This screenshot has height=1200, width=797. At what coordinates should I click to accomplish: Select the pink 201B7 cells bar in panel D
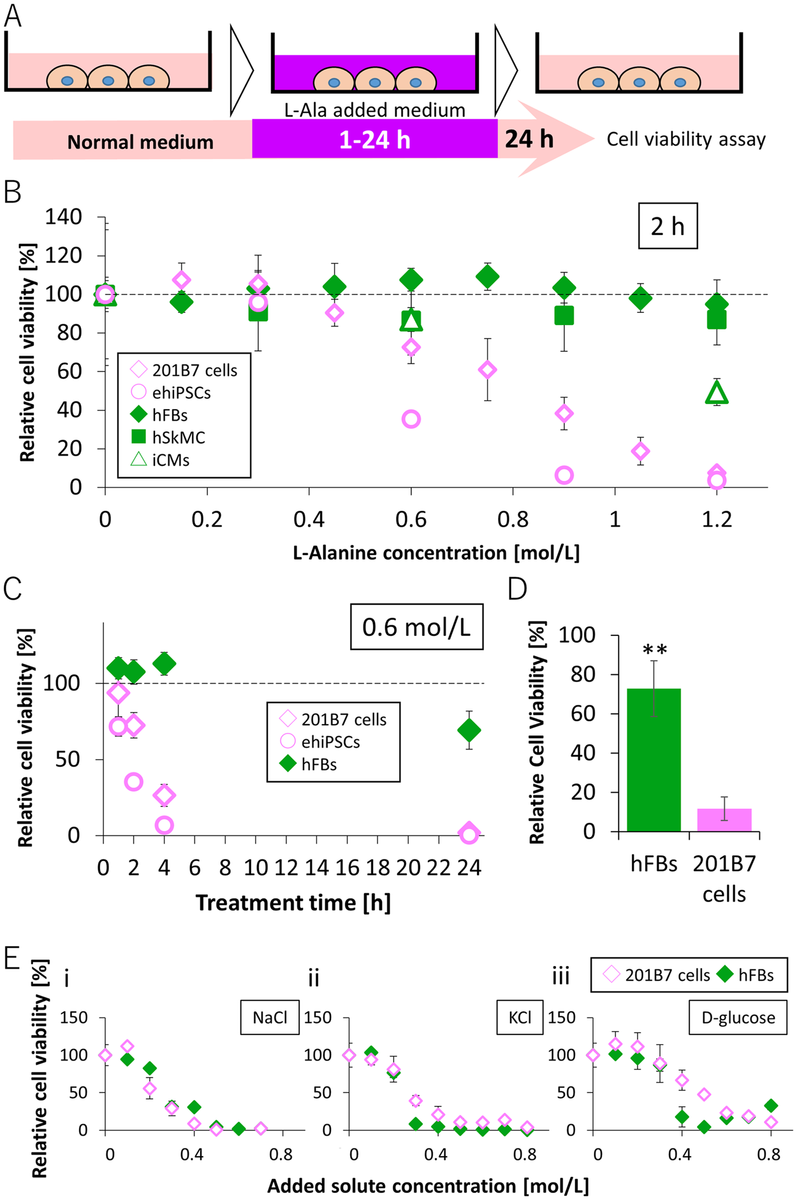click(x=724, y=820)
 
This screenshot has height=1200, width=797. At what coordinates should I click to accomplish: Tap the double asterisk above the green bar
click(x=655, y=651)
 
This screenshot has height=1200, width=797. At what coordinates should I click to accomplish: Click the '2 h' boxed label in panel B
click(x=668, y=226)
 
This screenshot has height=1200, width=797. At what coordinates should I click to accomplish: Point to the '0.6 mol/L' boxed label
click(x=416, y=627)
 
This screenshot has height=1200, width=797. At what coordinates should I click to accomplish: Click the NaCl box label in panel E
click(x=270, y=1017)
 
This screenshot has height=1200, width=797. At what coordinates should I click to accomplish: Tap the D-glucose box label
click(x=738, y=1017)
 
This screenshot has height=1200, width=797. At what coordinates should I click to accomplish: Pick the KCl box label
click(x=520, y=1017)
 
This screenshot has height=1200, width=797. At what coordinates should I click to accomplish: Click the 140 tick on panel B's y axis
click(x=64, y=217)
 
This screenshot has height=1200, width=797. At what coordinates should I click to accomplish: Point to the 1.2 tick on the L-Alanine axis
click(x=717, y=519)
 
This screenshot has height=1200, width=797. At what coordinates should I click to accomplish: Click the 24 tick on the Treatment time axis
click(x=469, y=868)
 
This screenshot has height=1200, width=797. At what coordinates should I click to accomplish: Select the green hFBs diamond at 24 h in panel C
click(x=469, y=730)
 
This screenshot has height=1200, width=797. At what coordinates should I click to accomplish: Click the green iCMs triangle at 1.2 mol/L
click(x=717, y=393)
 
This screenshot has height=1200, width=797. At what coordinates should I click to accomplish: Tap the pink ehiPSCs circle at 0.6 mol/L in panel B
click(x=411, y=419)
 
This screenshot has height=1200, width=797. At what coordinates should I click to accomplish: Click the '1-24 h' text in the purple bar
click(x=375, y=140)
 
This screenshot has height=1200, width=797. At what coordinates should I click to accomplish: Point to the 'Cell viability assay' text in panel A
click(x=686, y=140)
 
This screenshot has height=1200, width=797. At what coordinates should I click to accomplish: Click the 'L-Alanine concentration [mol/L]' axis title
click(x=436, y=553)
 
